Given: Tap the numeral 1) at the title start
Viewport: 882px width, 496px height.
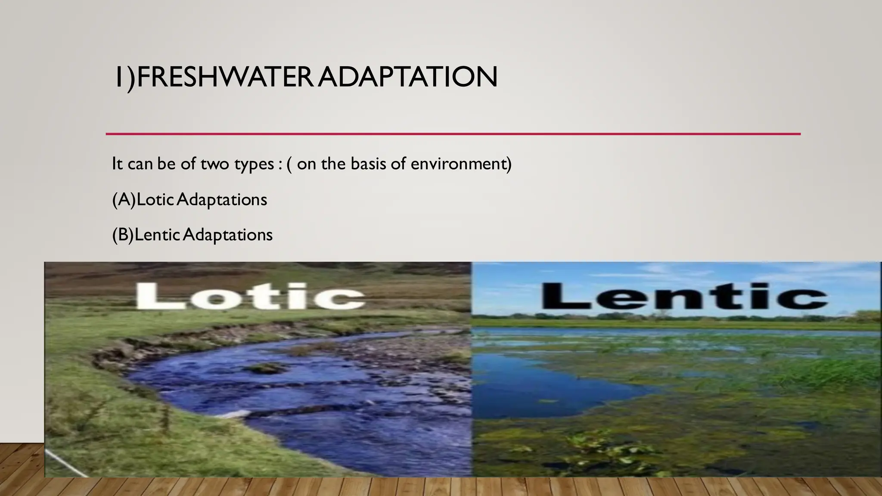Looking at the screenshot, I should click(x=124, y=77).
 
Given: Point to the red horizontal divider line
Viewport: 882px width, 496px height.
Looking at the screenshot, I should click(x=452, y=134).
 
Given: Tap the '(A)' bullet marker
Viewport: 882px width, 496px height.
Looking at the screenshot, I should click(x=124, y=200).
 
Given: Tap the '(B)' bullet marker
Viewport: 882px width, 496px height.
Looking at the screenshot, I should click(x=123, y=235).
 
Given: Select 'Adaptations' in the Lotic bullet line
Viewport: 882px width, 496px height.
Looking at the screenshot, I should click(x=222, y=200).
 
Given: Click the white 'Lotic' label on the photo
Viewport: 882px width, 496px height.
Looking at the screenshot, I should click(x=250, y=296).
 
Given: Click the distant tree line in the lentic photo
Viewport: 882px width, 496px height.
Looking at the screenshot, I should click(x=672, y=317).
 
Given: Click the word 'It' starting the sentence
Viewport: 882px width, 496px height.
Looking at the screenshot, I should click(x=117, y=164).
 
